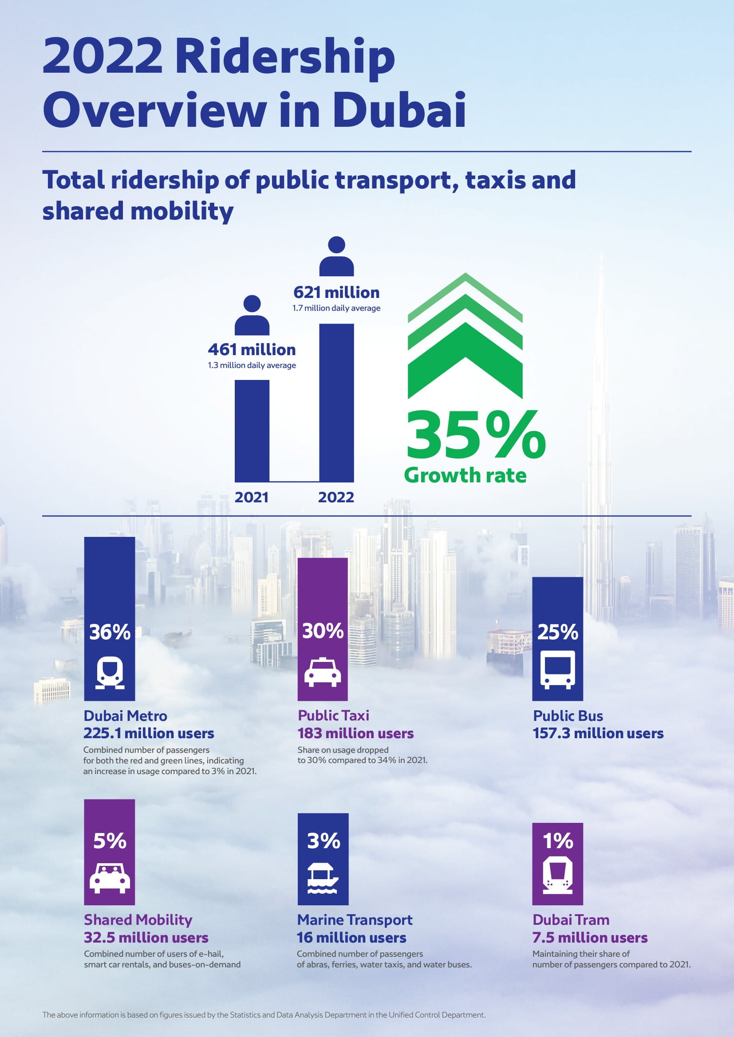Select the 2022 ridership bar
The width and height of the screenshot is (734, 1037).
[336, 403]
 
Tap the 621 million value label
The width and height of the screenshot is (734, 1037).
[336, 293]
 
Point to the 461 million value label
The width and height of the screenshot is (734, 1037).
[252, 349]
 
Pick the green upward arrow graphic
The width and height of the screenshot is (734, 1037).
[465, 337]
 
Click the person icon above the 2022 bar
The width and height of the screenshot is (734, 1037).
[336, 256]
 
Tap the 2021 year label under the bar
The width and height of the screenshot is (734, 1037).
[251, 497]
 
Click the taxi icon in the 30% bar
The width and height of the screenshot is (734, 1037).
[322, 673]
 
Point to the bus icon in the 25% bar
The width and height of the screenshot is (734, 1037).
[558, 670]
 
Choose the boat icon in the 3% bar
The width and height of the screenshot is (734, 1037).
[323, 879]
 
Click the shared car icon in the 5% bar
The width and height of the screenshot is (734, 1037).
[109, 878]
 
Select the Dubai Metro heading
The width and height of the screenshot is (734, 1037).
[125, 716]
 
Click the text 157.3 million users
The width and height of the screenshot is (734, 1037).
[598, 733]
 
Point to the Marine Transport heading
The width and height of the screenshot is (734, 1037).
[355, 920]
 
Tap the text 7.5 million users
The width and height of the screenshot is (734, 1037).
[590, 938]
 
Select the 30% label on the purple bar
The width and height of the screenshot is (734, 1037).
[323, 631]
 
